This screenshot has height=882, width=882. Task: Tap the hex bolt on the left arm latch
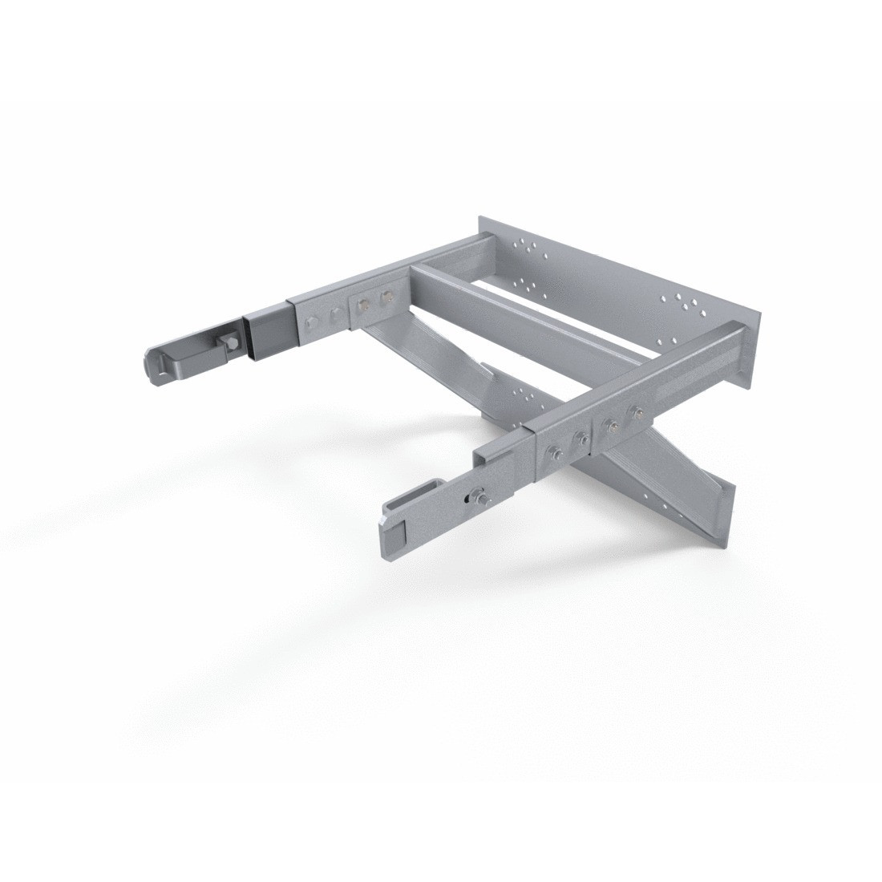(227, 343)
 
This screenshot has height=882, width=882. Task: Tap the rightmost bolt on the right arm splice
(637, 414)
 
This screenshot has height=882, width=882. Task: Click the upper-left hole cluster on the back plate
(524, 245)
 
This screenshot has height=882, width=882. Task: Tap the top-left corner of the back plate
(480, 216)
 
